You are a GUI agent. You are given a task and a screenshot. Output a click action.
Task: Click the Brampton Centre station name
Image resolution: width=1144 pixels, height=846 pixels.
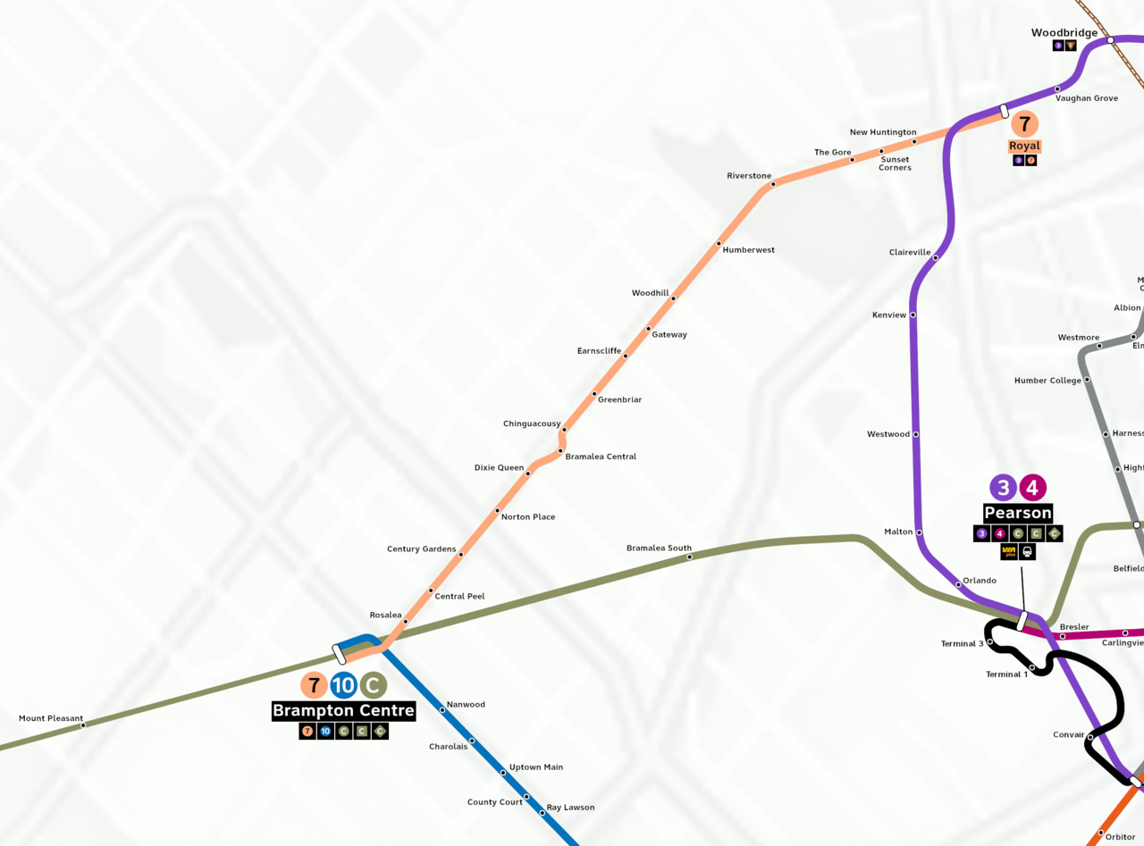point(343,711)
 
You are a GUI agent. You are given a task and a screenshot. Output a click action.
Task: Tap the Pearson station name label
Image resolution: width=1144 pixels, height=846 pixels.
point(1017,513)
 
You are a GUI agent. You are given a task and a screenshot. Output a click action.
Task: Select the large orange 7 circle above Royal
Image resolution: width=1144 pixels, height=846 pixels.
point(1025,124)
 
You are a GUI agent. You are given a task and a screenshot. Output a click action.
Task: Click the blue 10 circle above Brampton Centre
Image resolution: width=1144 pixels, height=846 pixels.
point(343,685)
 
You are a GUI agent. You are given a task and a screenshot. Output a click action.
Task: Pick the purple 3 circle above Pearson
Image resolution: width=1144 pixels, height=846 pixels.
point(1003,488)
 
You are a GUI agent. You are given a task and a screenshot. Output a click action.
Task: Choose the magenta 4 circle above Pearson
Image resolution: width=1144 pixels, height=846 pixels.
point(1032,488)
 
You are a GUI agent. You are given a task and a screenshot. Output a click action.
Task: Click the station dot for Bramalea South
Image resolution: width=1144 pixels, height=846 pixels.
point(689,557)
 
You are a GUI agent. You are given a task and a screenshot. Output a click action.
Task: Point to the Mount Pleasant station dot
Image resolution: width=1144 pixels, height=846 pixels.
point(83,725)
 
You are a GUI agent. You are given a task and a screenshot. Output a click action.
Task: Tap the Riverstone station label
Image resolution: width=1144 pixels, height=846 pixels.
point(749,176)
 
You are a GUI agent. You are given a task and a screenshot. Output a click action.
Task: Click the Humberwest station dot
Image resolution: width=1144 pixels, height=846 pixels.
point(718,243)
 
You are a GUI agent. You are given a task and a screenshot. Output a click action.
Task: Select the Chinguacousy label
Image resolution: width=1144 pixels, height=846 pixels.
point(532,423)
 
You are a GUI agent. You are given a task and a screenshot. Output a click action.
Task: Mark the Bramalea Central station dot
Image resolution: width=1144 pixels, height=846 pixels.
point(560,451)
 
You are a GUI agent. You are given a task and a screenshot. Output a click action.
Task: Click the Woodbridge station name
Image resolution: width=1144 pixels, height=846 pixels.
point(1064,33)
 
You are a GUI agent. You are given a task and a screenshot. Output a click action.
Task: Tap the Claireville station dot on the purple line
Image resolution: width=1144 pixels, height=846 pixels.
point(935,258)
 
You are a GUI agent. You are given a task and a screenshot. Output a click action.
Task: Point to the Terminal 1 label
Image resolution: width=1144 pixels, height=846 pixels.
point(1006,674)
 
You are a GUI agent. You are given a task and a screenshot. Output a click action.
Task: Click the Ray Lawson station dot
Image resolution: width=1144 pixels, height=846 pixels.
point(542,812)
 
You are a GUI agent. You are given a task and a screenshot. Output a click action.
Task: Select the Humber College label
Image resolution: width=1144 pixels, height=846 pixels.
point(1047,381)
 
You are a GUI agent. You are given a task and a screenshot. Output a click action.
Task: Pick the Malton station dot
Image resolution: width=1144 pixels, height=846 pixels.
point(919,532)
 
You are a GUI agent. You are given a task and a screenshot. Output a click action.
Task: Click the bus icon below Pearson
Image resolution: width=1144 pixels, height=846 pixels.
point(1028,551)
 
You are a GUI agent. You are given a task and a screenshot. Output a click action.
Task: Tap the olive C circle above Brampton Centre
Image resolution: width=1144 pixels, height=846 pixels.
point(373,685)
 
